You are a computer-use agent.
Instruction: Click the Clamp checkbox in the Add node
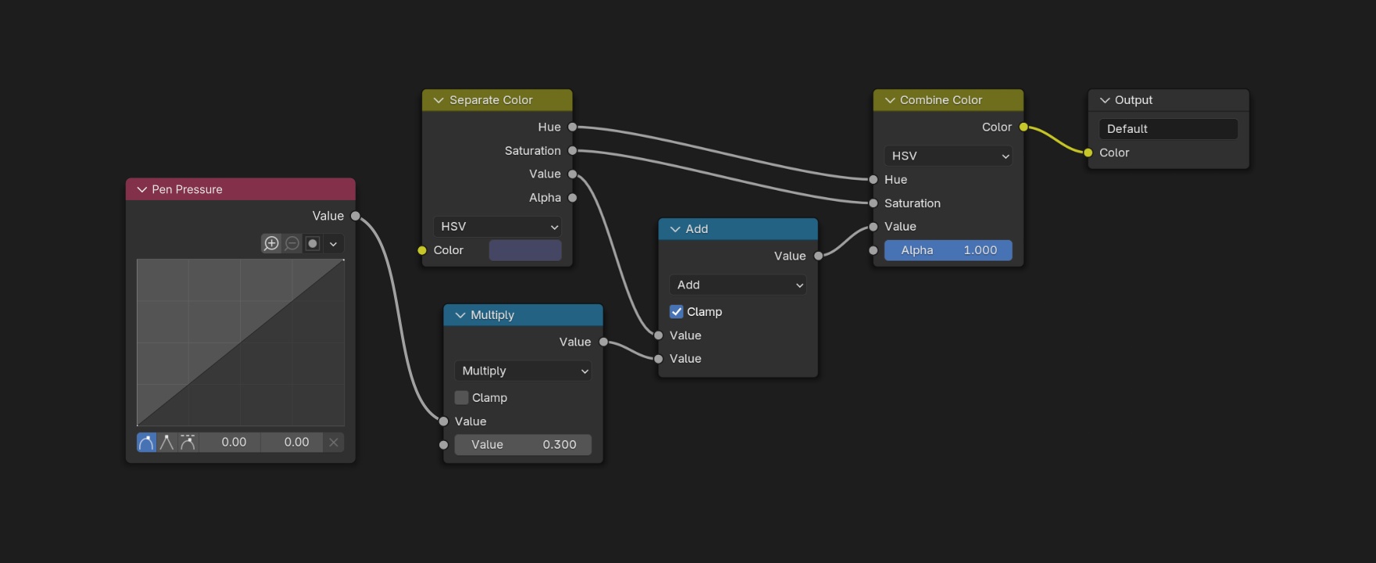tap(676, 311)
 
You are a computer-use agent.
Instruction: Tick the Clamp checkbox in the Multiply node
tap(461, 397)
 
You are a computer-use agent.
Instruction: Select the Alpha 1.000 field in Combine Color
tap(948, 250)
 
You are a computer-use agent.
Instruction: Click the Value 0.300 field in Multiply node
tap(523, 444)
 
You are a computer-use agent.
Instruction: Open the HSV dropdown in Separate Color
tap(498, 226)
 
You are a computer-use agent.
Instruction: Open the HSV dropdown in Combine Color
tap(948, 156)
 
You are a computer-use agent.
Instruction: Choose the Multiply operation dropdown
tap(523, 371)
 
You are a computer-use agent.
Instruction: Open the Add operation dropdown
tap(738, 285)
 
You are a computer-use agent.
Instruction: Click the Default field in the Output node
tap(1169, 129)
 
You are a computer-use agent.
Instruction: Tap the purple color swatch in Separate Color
tap(525, 250)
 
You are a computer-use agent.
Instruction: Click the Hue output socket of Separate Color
tap(572, 127)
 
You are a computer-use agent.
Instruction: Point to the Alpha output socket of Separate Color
tap(572, 198)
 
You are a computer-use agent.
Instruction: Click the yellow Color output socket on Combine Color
tap(1023, 127)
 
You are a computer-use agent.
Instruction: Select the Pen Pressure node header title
tap(187, 189)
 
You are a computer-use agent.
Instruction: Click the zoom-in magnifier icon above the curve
tap(271, 243)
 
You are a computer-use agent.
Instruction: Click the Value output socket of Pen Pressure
tap(356, 216)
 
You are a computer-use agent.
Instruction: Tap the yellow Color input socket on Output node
tap(1088, 152)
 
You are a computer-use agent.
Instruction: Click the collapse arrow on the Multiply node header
tap(460, 315)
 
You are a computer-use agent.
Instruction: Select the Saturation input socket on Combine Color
tap(873, 203)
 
